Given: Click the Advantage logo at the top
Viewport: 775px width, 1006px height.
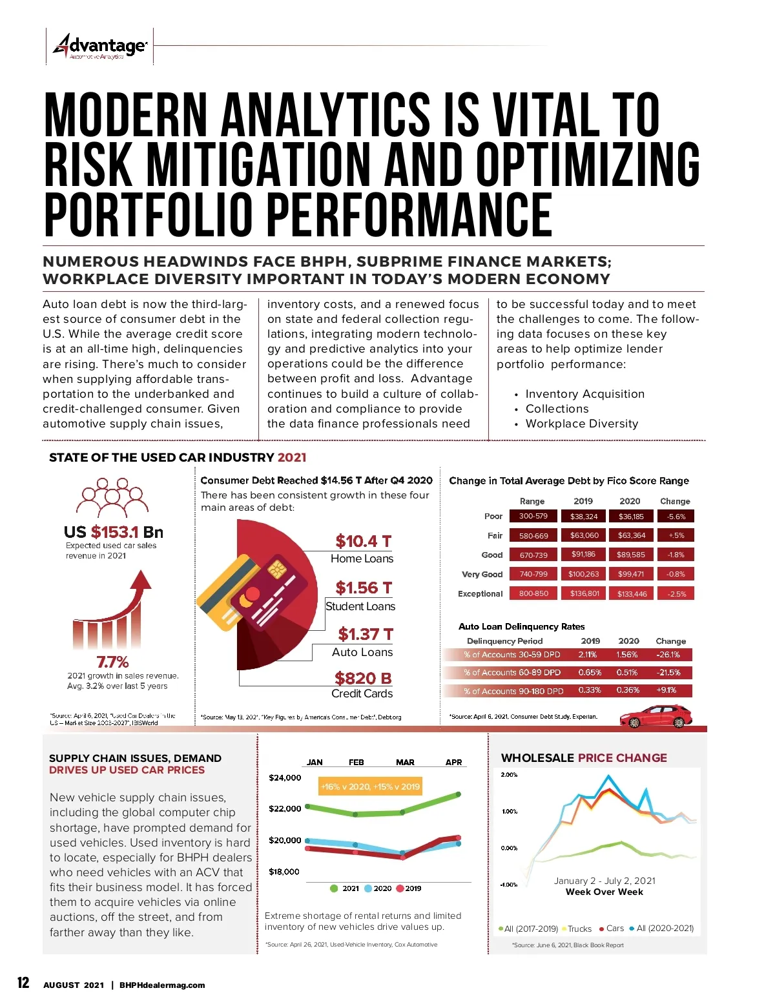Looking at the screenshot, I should tap(100, 46).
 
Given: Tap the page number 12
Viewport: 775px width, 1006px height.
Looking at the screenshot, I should tap(23, 983).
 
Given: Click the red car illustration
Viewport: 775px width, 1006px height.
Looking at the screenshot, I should tap(656, 716).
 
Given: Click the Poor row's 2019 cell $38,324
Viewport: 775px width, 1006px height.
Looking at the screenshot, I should tap(584, 517).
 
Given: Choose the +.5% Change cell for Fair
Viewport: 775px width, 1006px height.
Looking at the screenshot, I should tap(676, 536).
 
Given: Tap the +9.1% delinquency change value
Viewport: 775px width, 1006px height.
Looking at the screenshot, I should tap(666, 690).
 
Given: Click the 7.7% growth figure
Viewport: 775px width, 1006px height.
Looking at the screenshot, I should tap(112, 662).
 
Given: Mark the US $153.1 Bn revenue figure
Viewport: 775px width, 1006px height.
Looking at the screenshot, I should tap(114, 532).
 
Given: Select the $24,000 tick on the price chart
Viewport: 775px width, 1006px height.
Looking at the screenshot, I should tap(285, 777).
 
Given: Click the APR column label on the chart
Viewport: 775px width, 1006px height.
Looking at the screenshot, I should tap(453, 762).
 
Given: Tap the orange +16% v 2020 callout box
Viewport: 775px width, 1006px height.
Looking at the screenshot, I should tap(370, 786).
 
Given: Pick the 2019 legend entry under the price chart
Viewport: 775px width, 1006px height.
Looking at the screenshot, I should tap(408, 888).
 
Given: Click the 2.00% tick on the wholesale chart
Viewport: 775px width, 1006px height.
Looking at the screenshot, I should tap(509, 774).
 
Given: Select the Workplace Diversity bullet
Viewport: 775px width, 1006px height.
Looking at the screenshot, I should tap(581, 424).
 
